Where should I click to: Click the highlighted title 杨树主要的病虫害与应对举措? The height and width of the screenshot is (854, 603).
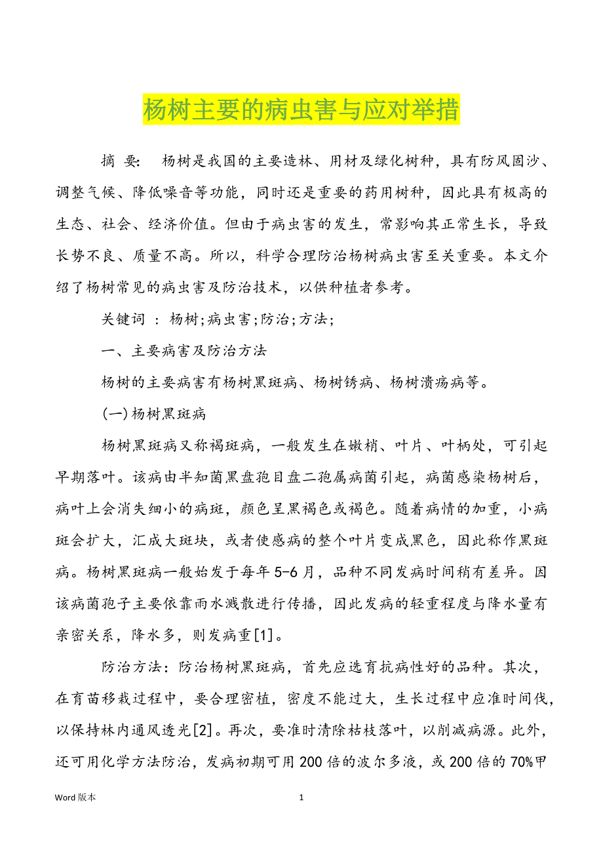301,110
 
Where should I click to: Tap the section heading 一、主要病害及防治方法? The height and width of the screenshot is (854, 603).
184,351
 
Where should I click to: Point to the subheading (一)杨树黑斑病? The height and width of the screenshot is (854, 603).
154,414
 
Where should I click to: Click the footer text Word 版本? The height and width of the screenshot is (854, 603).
75,798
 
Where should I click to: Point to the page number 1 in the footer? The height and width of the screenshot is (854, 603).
301,798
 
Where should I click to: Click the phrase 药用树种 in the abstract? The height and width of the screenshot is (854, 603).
408,193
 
